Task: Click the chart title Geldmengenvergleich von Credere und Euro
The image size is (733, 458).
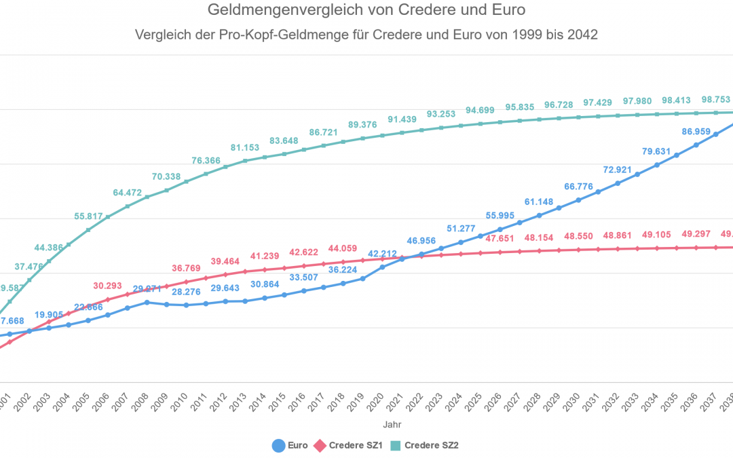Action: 366,11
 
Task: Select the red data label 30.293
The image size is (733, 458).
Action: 108,286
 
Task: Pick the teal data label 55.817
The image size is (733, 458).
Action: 89,216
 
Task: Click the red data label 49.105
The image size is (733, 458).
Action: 656,235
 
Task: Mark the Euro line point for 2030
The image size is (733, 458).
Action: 578,200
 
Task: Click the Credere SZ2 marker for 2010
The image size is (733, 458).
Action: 186,181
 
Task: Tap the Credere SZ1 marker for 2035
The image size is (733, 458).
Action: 677,248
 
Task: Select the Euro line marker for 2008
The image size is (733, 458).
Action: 147,302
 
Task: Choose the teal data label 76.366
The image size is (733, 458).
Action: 206,161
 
